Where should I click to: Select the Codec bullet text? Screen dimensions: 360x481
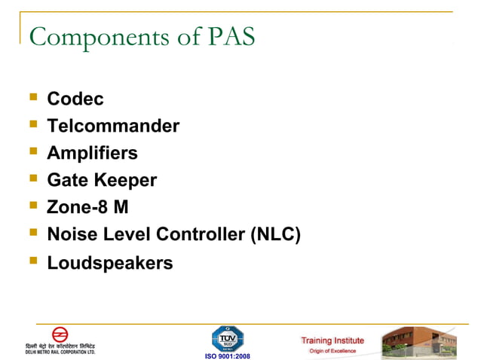tap(75, 99)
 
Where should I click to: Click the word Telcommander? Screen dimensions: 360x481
tap(113, 126)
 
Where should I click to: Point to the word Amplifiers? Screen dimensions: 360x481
tap(92, 153)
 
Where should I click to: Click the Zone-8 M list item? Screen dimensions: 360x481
tap(87, 208)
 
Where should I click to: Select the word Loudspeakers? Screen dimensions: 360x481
tap(110, 263)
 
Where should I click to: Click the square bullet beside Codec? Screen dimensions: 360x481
tap(32, 97)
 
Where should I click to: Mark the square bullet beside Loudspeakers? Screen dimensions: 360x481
tap(32, 261)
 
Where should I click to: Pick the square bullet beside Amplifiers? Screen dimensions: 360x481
tap(32, 151)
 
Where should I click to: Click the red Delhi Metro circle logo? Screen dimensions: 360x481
tap(60, 334)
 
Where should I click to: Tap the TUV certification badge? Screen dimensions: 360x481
tap(227, 337)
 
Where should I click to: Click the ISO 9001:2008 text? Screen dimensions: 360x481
tap(227, 355)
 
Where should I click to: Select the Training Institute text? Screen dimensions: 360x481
tap(332, 340)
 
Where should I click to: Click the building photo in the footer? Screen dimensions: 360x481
tap(418, 343)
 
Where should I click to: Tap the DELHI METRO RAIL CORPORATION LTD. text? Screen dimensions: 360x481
tap(60, 352)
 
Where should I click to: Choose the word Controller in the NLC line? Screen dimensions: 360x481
tap(201, 235)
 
